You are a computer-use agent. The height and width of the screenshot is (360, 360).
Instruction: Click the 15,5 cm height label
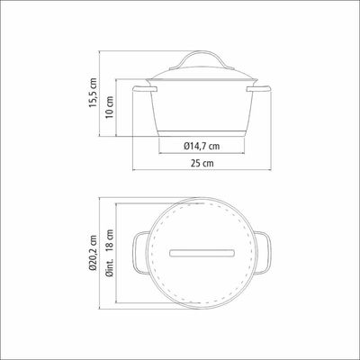[x=93, y=93]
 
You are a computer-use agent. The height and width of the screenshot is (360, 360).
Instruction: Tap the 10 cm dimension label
[x=110, y=107]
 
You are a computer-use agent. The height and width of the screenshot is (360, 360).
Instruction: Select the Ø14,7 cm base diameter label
[x=202, y=146]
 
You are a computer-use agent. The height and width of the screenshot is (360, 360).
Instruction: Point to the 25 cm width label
[x=202, y=163]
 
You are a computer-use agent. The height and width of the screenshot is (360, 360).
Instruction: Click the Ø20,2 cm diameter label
[x=93, y=253]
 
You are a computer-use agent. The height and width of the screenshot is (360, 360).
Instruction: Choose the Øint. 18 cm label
[x=110, y=253]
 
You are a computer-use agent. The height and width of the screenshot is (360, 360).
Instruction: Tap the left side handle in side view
[x=145, y=89]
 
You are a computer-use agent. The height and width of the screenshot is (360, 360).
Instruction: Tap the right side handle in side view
[x=258, y=89]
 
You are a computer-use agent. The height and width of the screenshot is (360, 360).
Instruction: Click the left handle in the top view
[x=134, y=253]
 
